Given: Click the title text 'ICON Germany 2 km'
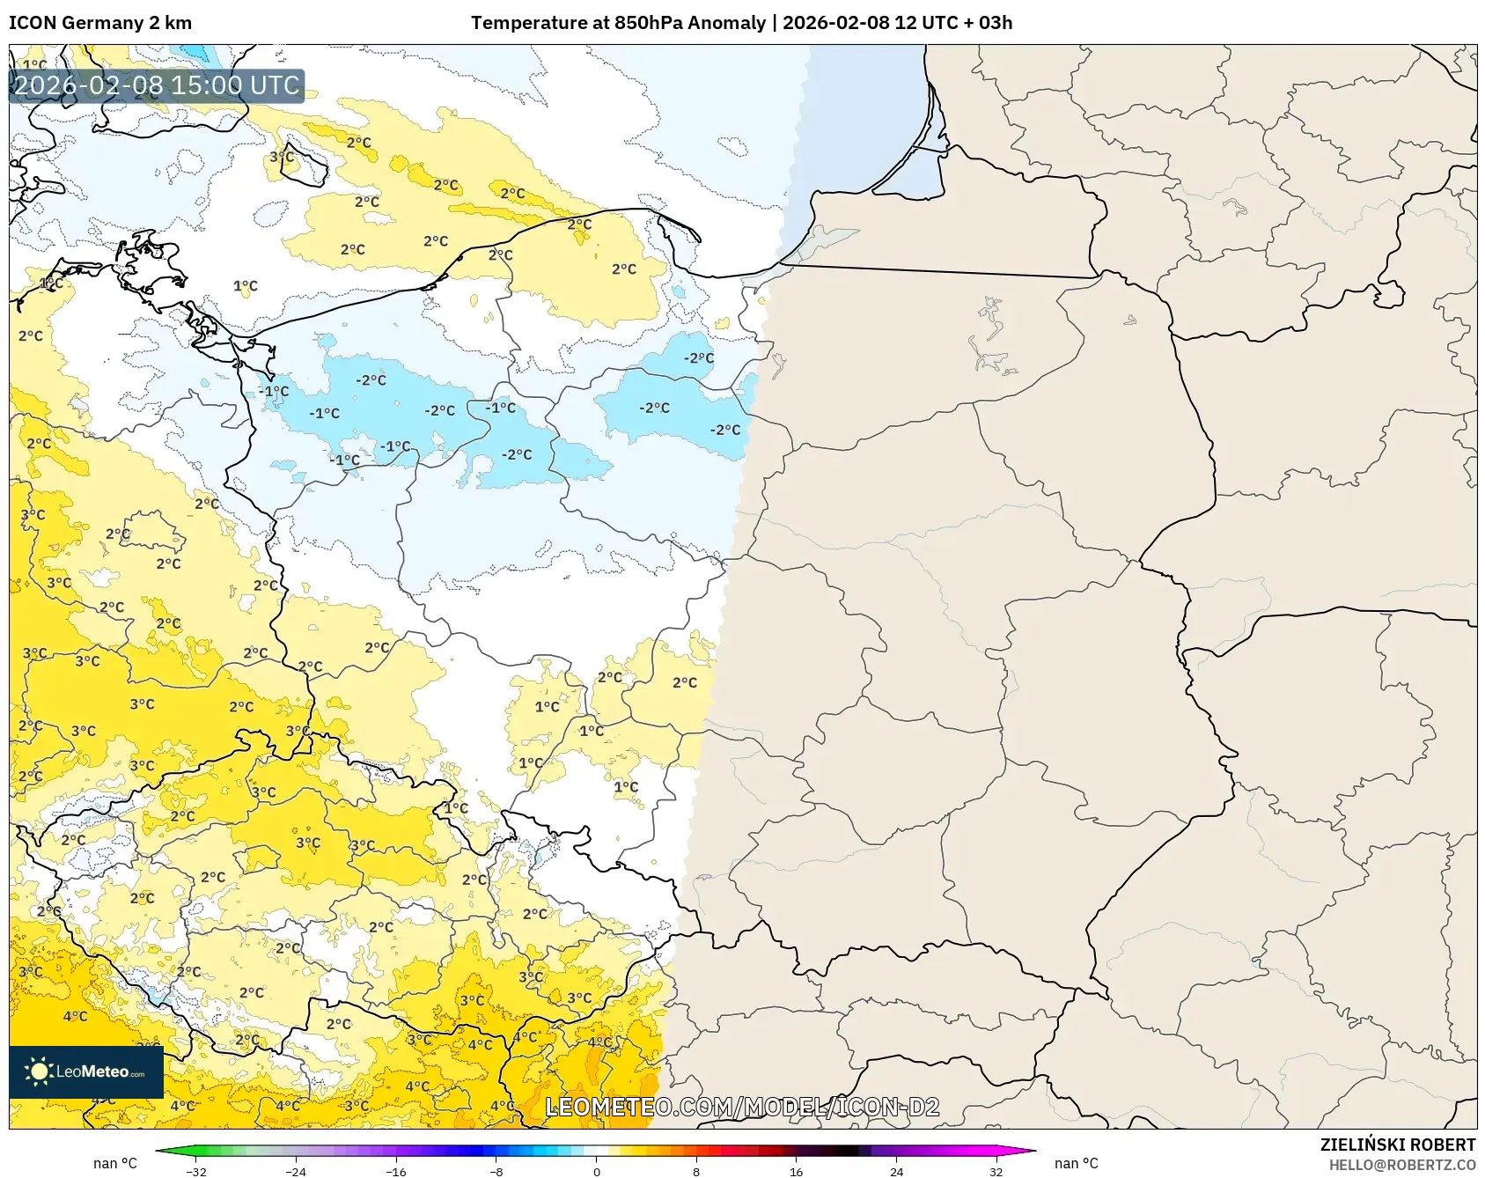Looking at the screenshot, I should click(100, 23).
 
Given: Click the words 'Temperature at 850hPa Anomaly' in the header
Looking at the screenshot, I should click(618, 23).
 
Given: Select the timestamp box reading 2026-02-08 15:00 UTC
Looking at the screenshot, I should click(157, 85).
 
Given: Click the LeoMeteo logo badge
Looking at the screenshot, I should click(86, 1071).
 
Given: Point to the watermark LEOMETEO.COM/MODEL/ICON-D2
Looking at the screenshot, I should click(742, 1107).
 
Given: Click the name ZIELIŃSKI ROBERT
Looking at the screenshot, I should click(1397, 1145).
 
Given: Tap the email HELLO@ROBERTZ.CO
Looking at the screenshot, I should click(1401, 1165).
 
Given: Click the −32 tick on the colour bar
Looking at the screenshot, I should click(196, 1171).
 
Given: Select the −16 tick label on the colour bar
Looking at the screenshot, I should click(396, 1171).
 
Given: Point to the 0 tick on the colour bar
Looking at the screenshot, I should click(597, 1171).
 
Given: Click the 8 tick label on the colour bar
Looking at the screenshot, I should click(696, 1171).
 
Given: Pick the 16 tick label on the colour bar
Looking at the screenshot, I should click(796, 1171).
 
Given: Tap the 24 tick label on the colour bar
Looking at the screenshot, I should click(896, 1171).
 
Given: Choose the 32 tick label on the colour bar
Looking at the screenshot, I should click(996, 1171).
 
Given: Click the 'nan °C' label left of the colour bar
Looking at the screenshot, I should click(115, 1164).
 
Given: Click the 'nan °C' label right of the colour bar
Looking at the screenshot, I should click(1076, 1164).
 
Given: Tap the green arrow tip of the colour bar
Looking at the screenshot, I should click(162, 1150).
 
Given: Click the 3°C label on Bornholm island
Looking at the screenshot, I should click(282, 157).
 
